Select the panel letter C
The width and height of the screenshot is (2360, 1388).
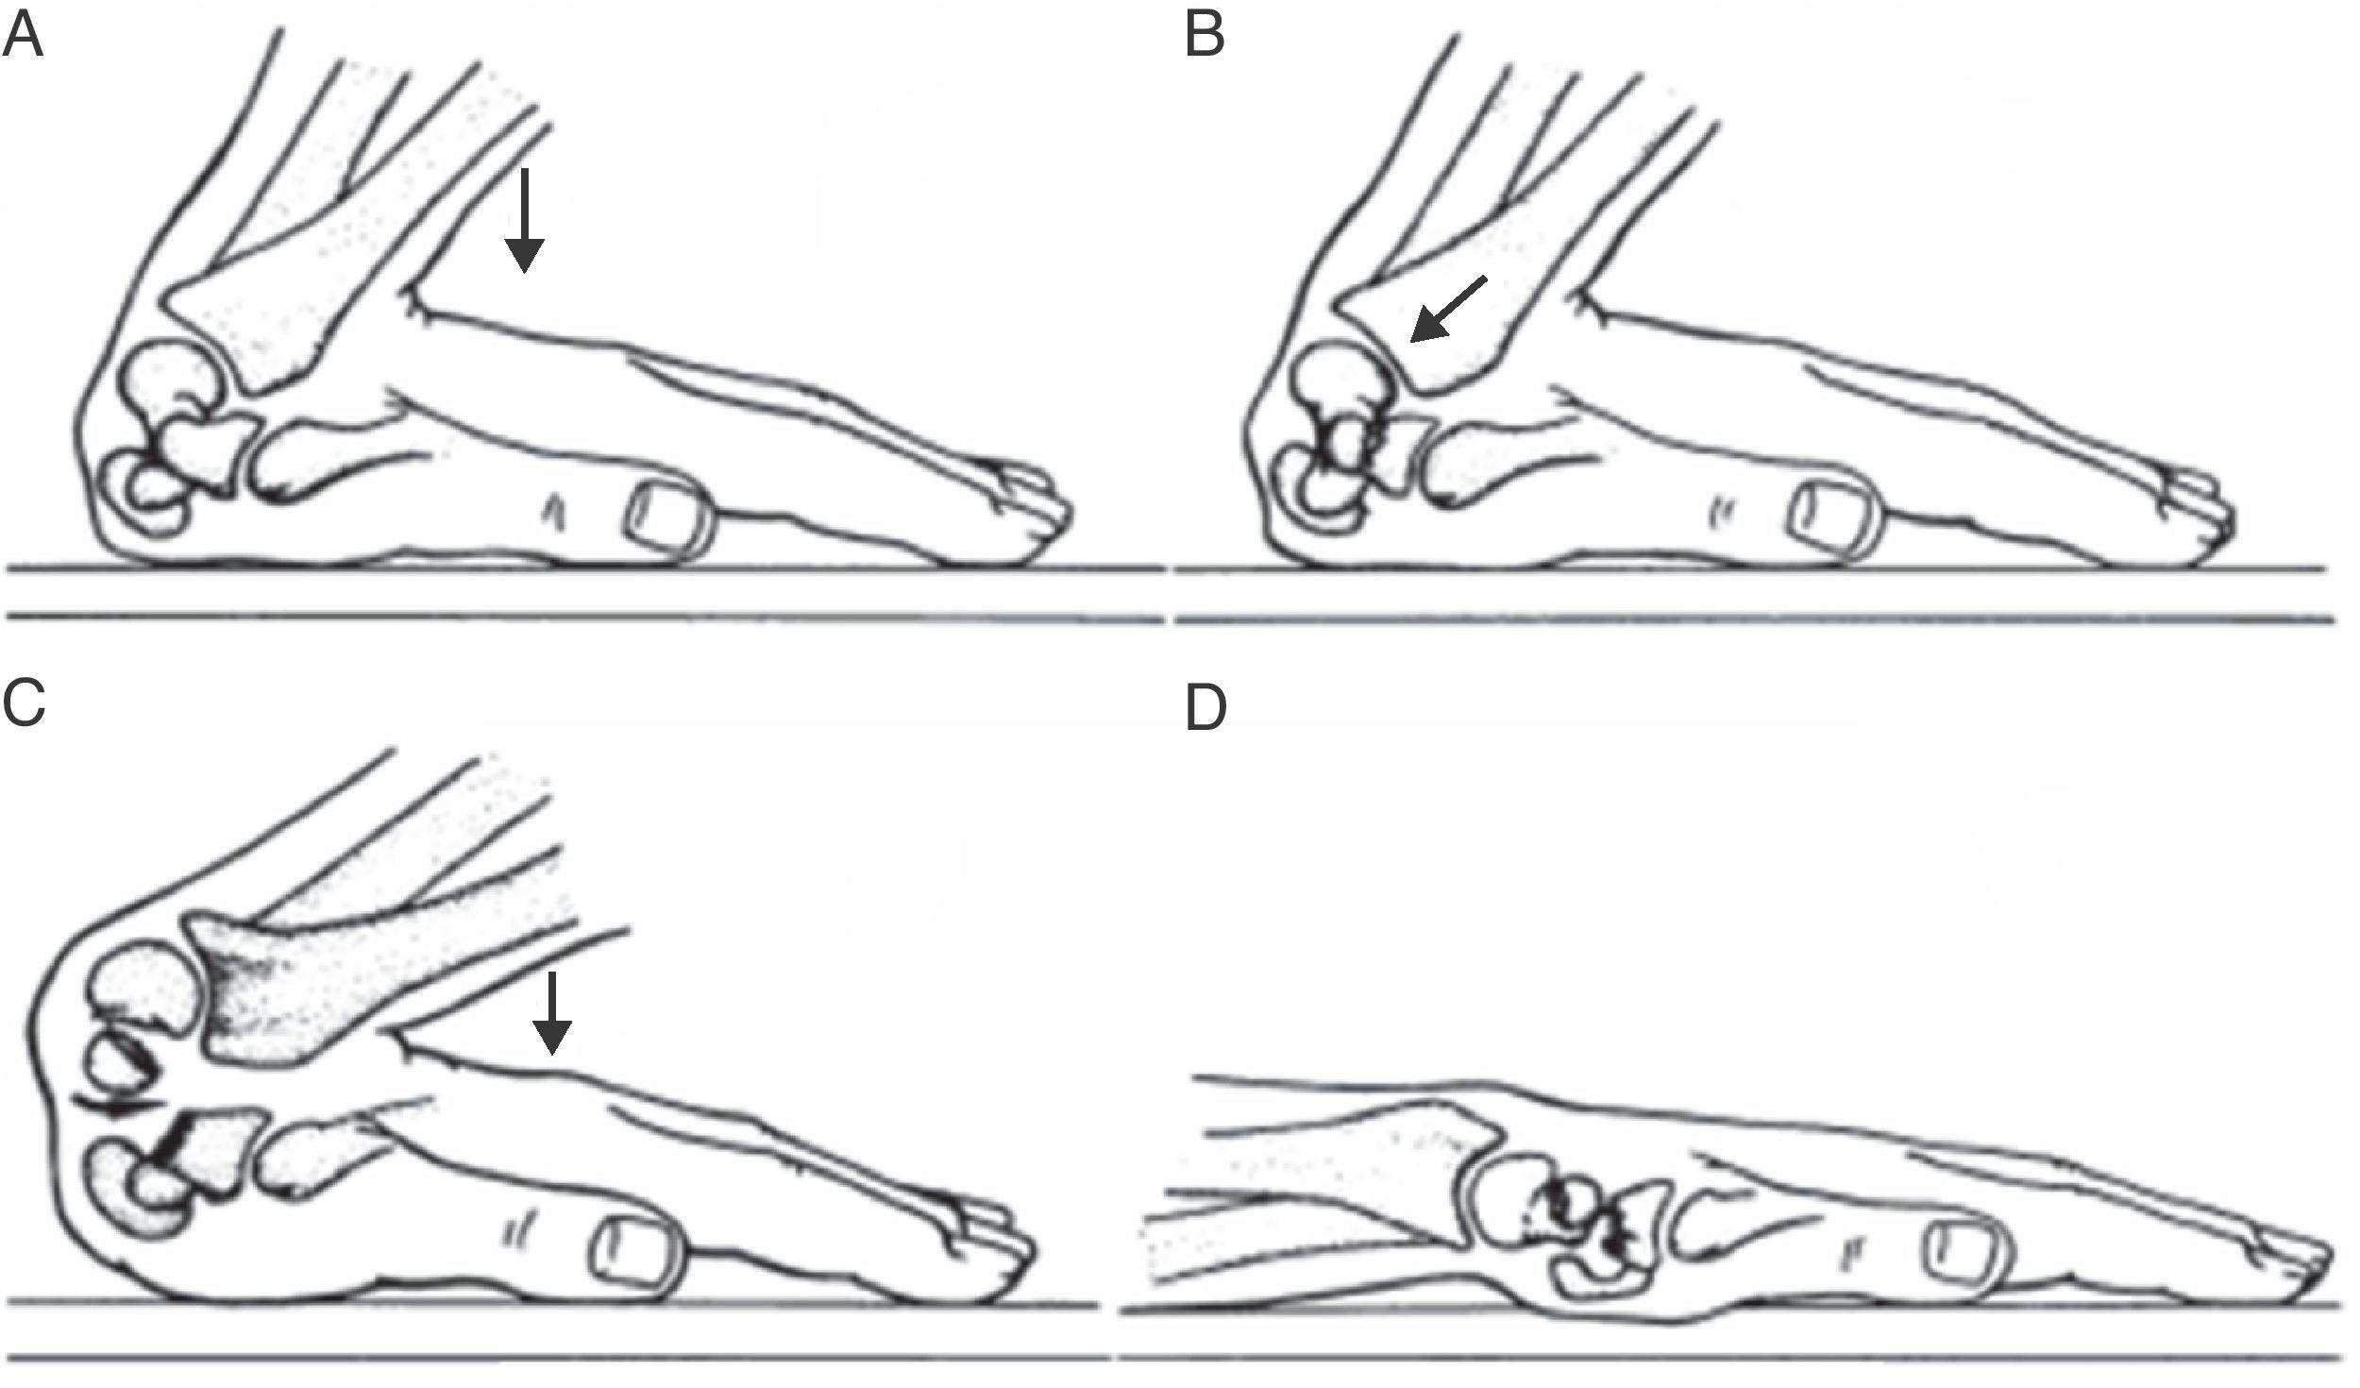(24, 703)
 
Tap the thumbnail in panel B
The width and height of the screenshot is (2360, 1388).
(1831, 518)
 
